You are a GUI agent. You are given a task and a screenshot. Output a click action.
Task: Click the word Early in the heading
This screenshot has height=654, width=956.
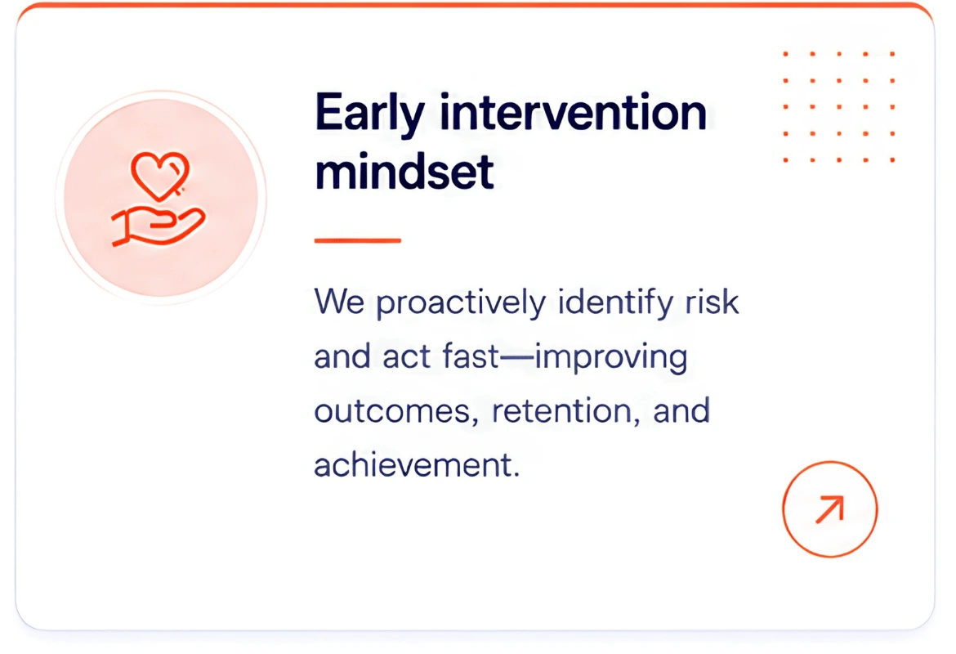click(369, 114)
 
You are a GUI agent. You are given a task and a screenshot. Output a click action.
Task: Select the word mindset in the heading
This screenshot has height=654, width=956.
click(404, 172)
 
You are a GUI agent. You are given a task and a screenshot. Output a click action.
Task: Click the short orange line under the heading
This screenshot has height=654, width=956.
click(357, 240)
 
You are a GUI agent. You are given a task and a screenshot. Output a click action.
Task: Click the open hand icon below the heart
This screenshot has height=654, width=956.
click(159, 226)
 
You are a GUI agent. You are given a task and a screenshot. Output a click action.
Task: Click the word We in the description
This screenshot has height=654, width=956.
click(339, 302)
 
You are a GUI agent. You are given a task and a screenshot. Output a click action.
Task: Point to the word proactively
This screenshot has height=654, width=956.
click(461, 303)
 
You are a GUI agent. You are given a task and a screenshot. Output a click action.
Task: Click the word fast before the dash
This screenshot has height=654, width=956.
click(471, 356)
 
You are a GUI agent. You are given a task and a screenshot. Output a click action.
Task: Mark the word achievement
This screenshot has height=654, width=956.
click(417, 465)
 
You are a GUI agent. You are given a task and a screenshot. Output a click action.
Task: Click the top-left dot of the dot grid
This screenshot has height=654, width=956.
click(786, 54)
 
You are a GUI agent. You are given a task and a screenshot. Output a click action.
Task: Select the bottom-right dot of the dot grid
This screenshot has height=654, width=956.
click(892, 160)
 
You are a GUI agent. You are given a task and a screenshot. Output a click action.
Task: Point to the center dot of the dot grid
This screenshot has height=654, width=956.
click(839, 107)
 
